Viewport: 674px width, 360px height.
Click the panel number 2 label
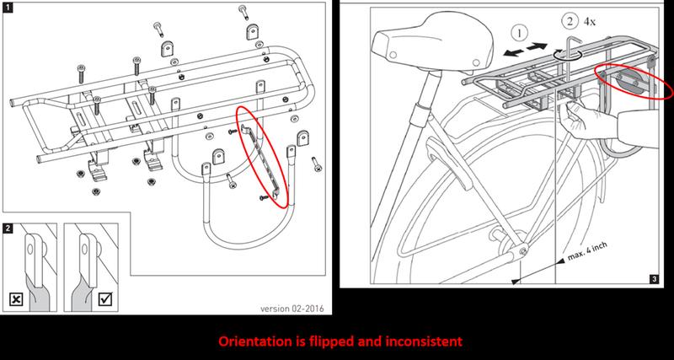click(8, 228)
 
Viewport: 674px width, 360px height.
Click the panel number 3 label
click(654, 279)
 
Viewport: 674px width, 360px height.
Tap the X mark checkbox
click(16, 299)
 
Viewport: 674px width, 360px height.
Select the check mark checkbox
click(105, 298)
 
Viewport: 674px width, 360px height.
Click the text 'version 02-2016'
click(292, 309)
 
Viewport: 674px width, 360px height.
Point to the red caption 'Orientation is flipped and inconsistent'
click(340, 341)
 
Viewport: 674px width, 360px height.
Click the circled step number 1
click(519, 33)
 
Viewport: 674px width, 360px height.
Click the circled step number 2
click(570, 22)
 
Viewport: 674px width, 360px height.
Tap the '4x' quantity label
click(589, 22)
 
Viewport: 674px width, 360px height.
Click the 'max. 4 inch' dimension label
click(587, 251)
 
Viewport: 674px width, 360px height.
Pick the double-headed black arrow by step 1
click(525, 49)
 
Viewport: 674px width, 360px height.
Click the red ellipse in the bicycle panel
click(634, 82)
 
